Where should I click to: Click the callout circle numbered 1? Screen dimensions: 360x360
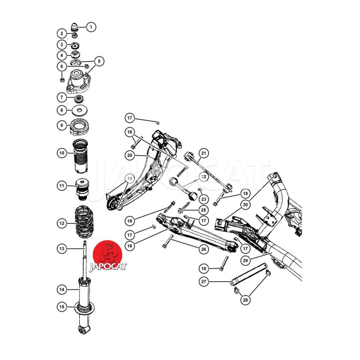tap(91, 27)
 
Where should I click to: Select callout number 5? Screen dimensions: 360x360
tap(99, 61)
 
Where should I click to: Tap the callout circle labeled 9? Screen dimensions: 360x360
tap(62, 126)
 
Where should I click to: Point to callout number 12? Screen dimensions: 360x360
tap(62, 223)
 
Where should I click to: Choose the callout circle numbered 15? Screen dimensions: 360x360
tap(62, 307)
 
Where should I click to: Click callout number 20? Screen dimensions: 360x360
tap(130, 155)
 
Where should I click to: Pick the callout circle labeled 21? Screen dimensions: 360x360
tap(204, 153)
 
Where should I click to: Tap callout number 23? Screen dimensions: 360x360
tap(204, 199)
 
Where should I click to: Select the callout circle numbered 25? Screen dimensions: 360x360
tap(204, 210)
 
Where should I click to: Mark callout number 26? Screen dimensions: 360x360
tap(204, 249)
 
